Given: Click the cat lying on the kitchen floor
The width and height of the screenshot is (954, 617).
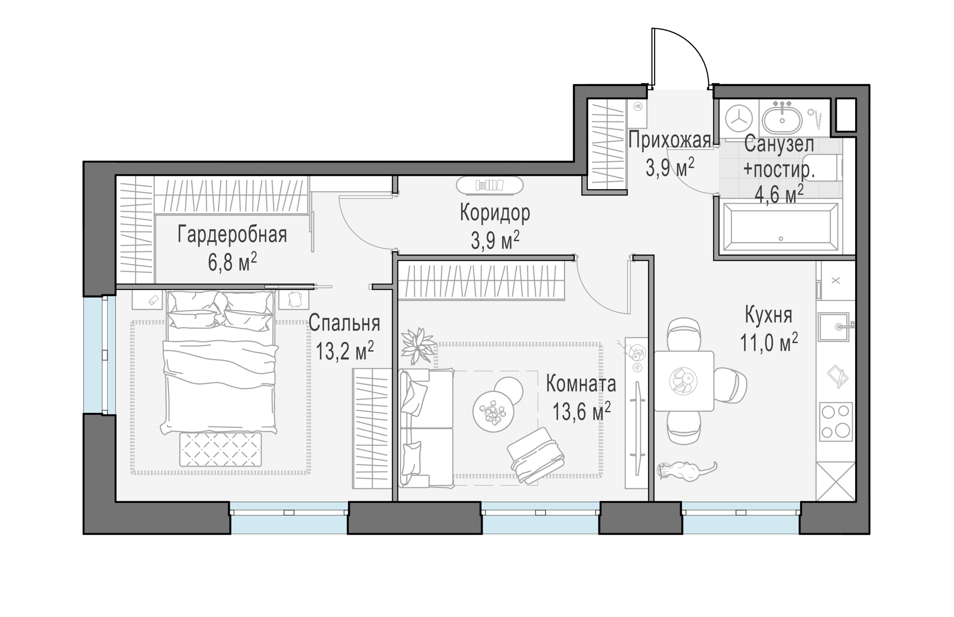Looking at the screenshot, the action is point(686,470).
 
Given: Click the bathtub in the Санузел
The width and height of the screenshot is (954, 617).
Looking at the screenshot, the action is point(781,227).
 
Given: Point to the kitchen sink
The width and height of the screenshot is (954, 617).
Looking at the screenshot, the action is point(834,327).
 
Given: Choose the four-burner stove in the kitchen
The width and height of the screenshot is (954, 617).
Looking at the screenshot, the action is point(836,422).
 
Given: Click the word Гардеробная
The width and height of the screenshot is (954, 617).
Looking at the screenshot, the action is point(232,234).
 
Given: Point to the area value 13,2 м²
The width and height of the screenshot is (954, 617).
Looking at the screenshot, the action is point(345,350).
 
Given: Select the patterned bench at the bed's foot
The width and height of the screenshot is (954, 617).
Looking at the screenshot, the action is point(220,449).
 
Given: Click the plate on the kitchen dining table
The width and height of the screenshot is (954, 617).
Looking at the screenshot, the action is point(683,381).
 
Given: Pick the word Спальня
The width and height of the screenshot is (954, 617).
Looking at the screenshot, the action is point(345,323).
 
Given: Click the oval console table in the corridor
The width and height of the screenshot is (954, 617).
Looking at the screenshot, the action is point(490,185).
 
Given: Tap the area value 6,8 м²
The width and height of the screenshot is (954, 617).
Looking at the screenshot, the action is point(232,263).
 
